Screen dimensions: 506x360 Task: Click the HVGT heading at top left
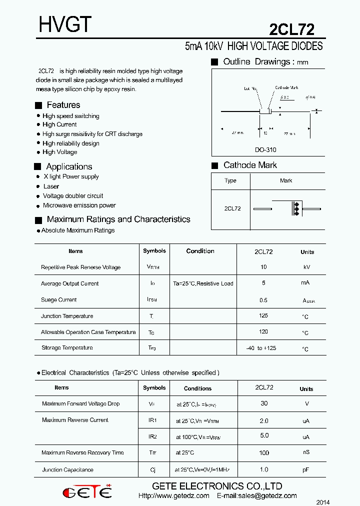tap(65, 24)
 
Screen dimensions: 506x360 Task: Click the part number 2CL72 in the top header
tap(291, 29)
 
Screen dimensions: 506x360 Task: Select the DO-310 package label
tap(265, 149)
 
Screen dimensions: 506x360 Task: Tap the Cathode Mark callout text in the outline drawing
tap(286, 87)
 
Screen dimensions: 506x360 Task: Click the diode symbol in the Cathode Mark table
tap(295, 208)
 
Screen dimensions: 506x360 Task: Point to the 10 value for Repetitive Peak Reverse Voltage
tap(263, 267)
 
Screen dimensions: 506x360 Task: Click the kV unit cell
tap(306, 267)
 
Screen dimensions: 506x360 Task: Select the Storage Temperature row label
tap(67, 347)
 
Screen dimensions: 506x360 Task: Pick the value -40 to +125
tap(261, 348)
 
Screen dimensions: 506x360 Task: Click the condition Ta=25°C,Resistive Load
tap(203, 283)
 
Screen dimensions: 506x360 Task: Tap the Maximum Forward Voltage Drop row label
tap(81, 403)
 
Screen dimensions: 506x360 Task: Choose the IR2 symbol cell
tap(152, 436)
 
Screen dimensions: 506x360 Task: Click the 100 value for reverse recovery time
tap(263, 453)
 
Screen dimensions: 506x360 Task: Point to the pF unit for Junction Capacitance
tap(306, 470)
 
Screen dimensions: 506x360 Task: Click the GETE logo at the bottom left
tap(87, 492)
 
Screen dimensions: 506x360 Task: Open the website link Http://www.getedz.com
tap(173, 496)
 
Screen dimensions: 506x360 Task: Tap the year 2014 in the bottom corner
tap(323, 501)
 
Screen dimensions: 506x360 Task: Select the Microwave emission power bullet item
tap(79, 205)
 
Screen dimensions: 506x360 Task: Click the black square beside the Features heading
tap(38, 105)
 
